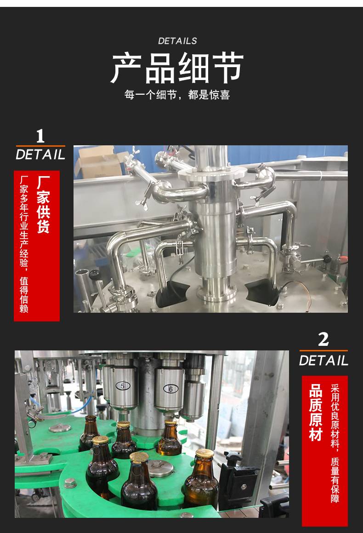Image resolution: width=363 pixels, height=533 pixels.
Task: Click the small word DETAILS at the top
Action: pyautogui.click(x=177, y=41)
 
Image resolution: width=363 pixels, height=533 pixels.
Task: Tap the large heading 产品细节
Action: pyautogui.click(x=177, y=69)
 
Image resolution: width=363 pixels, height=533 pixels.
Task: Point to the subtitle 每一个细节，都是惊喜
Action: pyautogui.click(x=177, y=94)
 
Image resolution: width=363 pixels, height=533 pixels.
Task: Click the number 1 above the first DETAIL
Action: pyautogui.click(x=40, y=136)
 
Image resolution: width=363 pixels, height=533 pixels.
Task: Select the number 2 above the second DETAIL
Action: pyautogui.click(x=323, y=339)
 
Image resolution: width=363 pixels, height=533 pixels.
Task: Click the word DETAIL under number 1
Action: pyautogui.click(x=40, y=155)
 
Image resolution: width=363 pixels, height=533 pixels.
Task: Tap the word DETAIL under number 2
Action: pyautogui.click(x=323, y=361)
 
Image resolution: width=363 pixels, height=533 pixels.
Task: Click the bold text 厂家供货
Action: pyautogui.click(x=44, y=205)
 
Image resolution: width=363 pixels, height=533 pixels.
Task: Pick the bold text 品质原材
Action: pyautogui.click(x=316, y=413)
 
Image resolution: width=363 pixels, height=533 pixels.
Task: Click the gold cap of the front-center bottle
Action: pyautogui.click(x=139, y=457)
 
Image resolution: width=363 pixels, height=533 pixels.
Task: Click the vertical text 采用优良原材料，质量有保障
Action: pyautogui.click(x=335, y=444)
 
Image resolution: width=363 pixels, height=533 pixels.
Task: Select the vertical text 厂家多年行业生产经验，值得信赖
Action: pyautogui.click(x=24, y=244)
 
